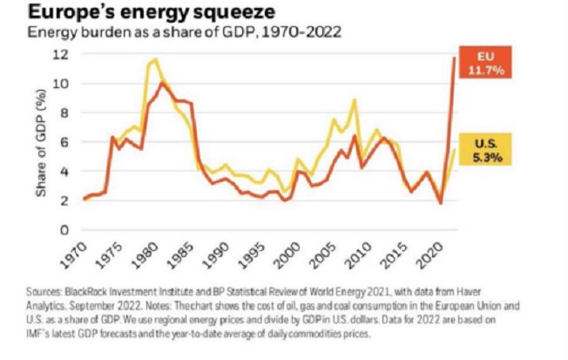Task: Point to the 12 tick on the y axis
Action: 62,55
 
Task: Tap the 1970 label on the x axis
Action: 78,254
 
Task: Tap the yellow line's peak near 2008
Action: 355,99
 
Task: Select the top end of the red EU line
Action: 454,58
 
